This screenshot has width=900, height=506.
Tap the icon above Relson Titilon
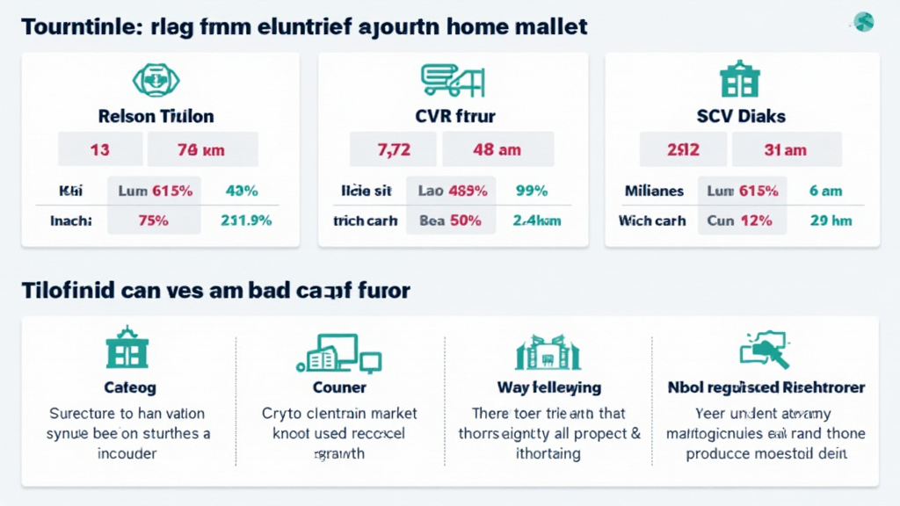point(156,80)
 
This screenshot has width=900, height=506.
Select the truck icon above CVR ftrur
point(453,80)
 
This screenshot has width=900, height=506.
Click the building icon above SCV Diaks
point(739,79)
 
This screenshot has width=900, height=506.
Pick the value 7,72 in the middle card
point(394,149)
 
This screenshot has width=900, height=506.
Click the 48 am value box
point(497,149)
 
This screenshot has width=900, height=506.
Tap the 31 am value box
point(785,149)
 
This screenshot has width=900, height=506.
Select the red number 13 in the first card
point(99,149)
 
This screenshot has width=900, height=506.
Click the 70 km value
point(201,149)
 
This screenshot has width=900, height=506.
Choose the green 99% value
point(532,191)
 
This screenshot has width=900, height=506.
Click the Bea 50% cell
point(450,220)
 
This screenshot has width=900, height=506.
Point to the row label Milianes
point(654,191)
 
